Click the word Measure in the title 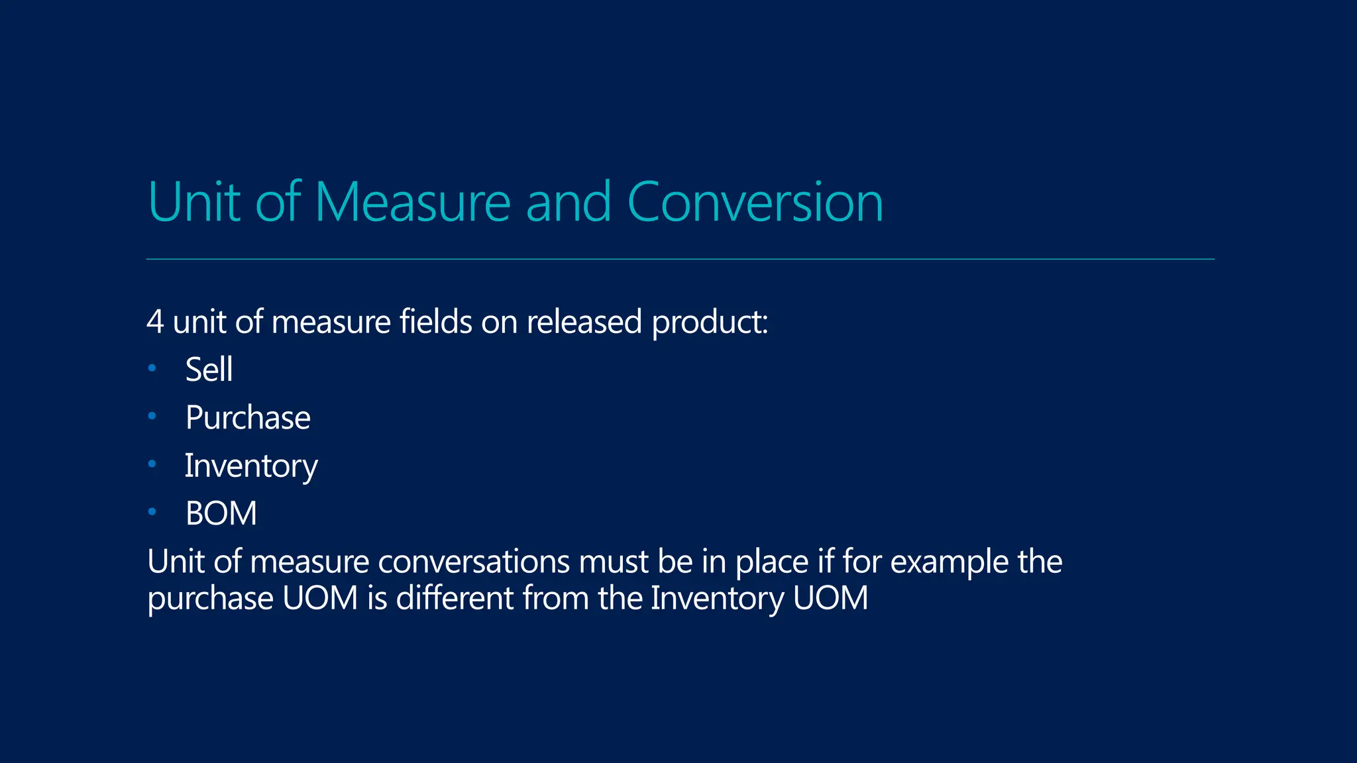[412, 202]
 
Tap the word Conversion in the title [755, 202]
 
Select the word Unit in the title [193, 202]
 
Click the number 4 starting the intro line [155, 323]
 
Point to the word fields [435, 323]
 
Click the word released [584, 323]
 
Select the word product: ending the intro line [710, 323]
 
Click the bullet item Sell [209, 370]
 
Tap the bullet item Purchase [248, 418]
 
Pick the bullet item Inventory [251, 466]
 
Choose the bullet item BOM [221, 514]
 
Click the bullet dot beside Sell [152, 368]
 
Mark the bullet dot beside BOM [152, 511]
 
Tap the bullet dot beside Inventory [152, 464]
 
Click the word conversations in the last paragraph [473, 562]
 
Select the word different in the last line [454, 598]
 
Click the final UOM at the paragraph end [830, 598]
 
